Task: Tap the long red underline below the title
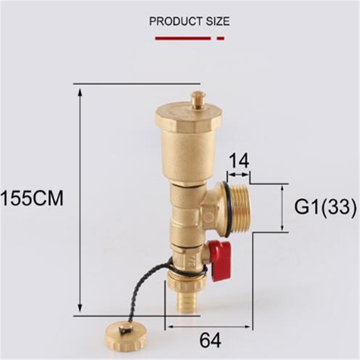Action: pos(183,38)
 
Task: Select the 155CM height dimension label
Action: pos(32,198)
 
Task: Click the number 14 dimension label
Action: pos(239,161)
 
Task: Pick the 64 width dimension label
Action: pos(211,339)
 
